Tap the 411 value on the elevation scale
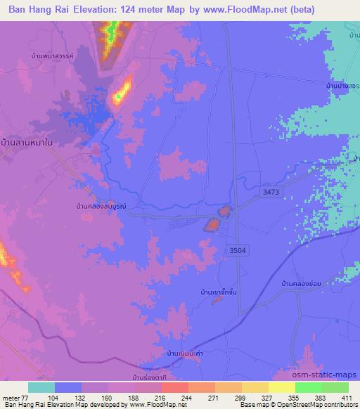click(x=347, y=397)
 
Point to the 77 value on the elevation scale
click(x=29, y=397)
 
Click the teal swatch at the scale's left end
click(x=41, y=387)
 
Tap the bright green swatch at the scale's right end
click(x=336, y=387)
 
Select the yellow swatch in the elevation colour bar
click(x=278, y=387)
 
